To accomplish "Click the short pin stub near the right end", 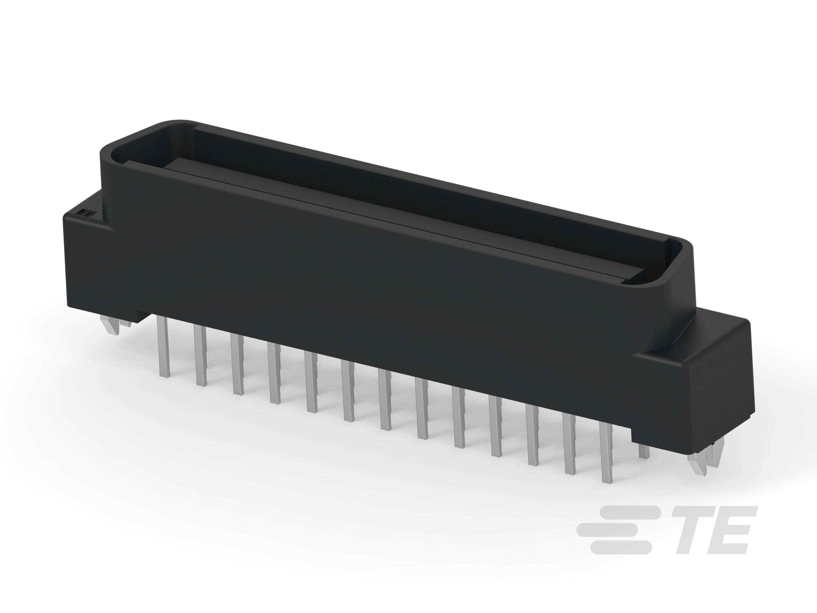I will pyautogui.click(x=643, y=452).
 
